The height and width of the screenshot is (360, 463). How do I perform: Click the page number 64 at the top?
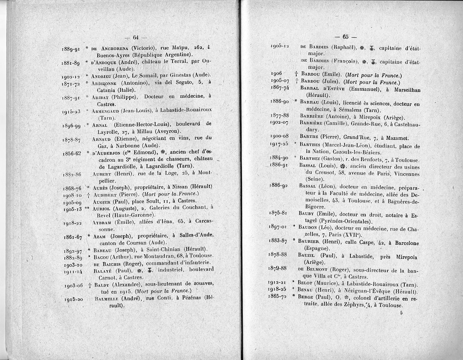135,37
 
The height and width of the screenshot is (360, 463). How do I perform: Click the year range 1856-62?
72,153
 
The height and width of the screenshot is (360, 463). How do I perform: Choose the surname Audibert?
105,194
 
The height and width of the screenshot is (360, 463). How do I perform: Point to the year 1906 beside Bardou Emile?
276,73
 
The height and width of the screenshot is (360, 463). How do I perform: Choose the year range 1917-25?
279,145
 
